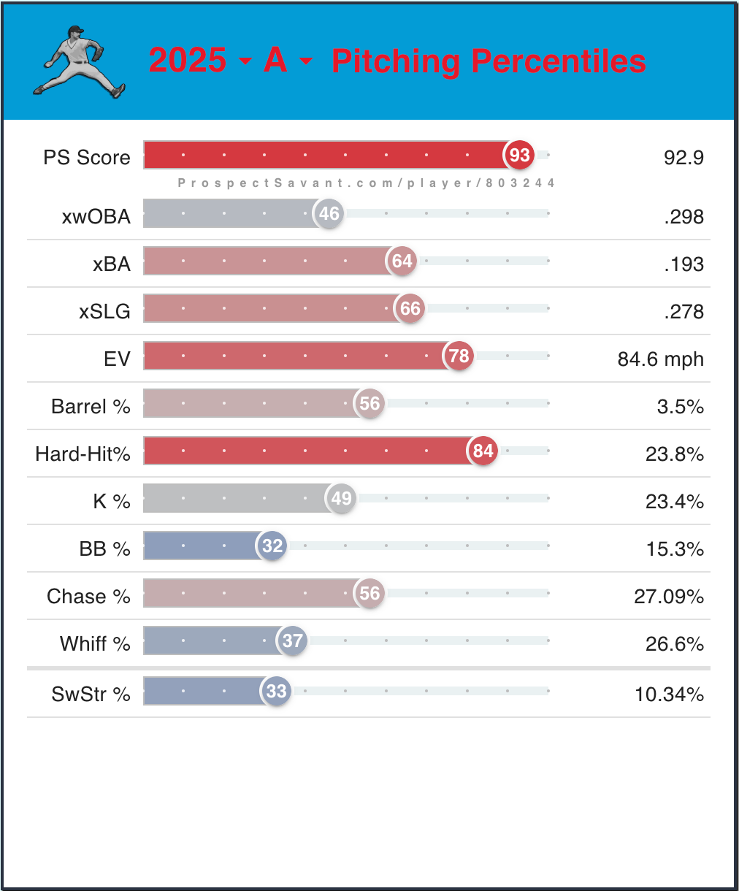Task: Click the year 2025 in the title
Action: (188, 61)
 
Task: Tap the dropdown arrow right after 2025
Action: (245, 61)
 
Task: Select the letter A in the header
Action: (275, 61)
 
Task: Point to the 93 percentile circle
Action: (519, 155)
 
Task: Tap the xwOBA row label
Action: (96, 216)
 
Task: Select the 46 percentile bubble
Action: (329, 213)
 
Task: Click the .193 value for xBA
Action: (684, 264)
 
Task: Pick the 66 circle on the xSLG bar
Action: (410, 308)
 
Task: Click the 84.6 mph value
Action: (660, 359)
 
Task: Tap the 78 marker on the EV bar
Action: (459, 356)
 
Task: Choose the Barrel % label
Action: (91, 406)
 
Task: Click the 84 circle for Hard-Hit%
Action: (483, 451)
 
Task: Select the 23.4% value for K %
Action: (675, 501)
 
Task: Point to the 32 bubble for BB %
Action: (272, 546)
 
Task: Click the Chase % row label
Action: (88, 596)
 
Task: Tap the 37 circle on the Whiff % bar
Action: (292, 640)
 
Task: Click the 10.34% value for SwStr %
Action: (669, 694)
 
